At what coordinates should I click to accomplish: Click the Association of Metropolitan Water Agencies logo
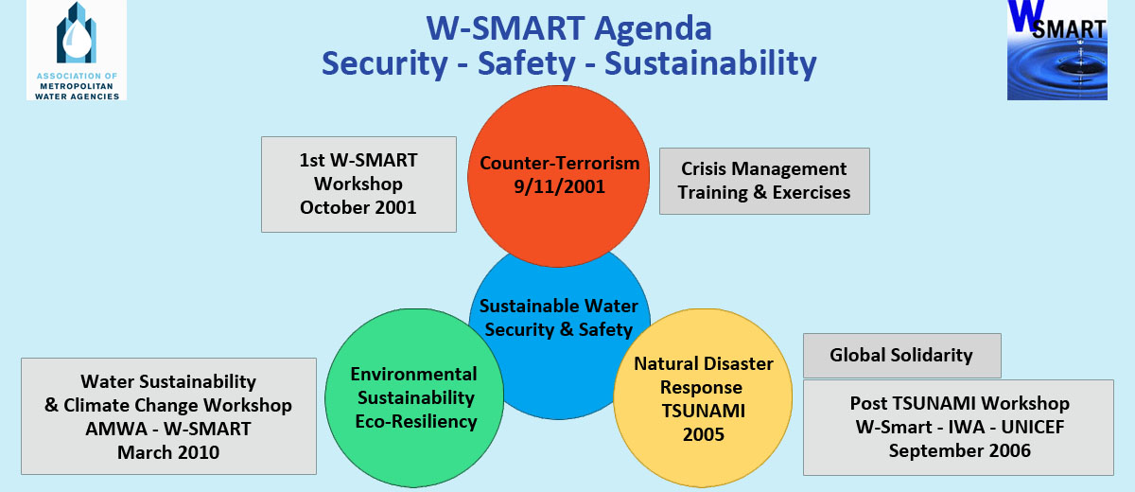pos(77,50)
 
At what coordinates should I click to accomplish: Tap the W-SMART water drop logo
pos(1057,49)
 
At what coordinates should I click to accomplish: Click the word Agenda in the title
pos(653,28)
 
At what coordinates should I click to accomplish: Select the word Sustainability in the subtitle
pos(710,63)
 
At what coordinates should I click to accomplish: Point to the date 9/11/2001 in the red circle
pos(559,186)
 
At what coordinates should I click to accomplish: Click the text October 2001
pos(358,207)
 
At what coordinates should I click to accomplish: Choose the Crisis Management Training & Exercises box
pos(764,181)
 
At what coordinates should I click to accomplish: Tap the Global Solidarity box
pos(902,355)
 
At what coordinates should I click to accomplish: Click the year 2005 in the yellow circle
pos(704,434)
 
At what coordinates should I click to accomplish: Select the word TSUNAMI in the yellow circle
pos(704,411)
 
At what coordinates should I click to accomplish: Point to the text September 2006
pos(960,450)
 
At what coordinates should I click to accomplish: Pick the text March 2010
pos(168,452)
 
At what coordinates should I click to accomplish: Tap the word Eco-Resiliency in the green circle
pos(416,421)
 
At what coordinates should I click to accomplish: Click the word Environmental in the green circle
pos(413,374)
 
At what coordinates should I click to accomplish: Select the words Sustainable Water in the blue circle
pos(558,306)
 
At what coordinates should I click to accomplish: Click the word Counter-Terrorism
pos(559,163)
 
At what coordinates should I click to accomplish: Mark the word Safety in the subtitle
pos(527,63)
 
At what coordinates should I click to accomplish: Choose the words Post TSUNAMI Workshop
pos(960,403)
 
